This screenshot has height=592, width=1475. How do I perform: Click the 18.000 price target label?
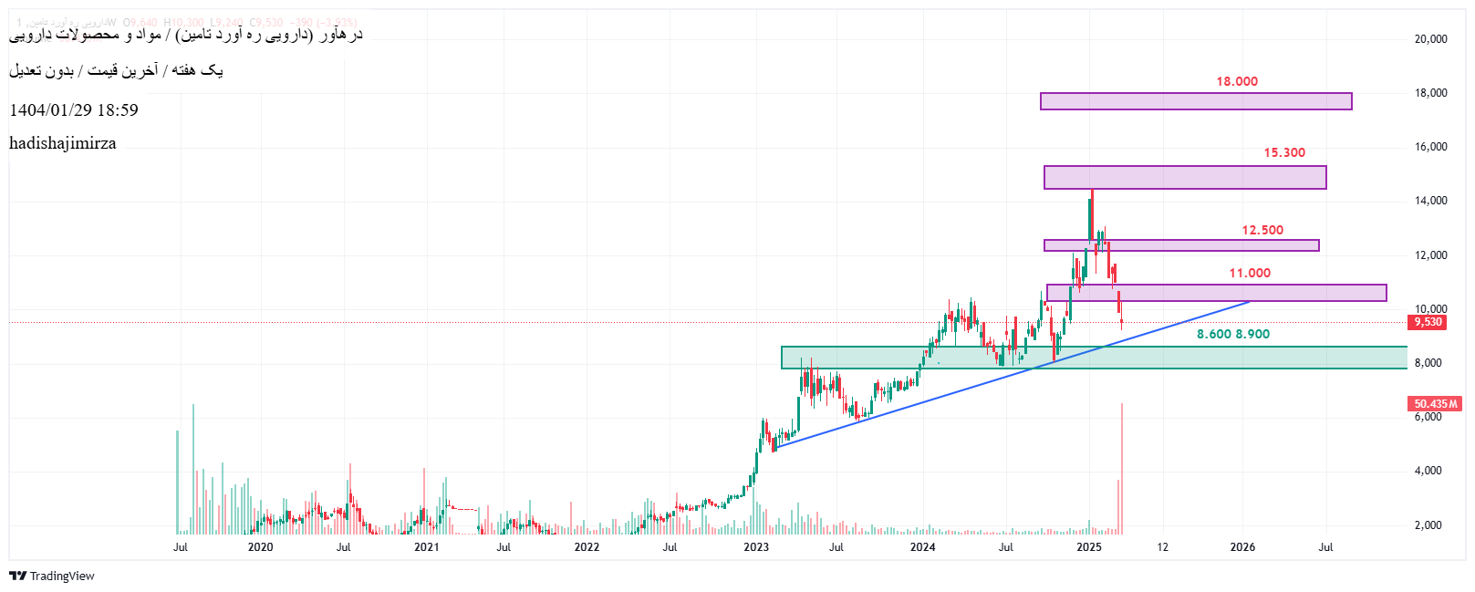[1236, 81]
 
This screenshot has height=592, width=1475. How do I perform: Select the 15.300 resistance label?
[1283, 152]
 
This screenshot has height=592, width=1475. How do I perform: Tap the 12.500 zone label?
[1262, 230]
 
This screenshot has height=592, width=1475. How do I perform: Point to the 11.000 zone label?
[1249, 273]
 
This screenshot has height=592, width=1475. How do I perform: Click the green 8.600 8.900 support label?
[1232, 334]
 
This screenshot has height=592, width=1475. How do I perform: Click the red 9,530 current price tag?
[1428, 322]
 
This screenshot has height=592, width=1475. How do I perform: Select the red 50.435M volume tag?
[1435, 403]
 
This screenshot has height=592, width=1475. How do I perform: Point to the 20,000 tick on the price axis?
[1430, 38]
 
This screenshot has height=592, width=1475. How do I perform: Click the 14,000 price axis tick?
[1430, 201]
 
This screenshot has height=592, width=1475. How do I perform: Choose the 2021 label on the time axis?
[426, 547]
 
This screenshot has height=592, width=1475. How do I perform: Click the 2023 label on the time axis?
[755, 547]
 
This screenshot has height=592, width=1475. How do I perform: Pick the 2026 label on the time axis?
[1241, 547]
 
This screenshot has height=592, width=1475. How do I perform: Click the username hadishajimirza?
[63, 143]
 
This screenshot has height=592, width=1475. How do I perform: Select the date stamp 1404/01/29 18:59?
[74, 110]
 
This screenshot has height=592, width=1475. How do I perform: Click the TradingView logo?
[52, 576]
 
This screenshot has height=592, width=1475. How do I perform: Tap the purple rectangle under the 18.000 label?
[1195, 101]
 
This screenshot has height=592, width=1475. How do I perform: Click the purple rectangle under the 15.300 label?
[1184, 177]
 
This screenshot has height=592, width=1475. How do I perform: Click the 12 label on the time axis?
[1162, 547]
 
